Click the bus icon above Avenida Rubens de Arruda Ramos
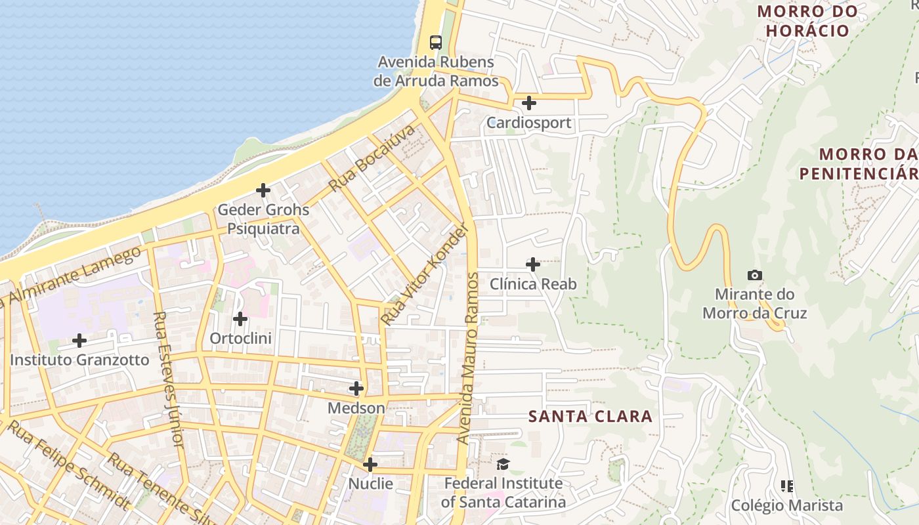(x=435, y=43)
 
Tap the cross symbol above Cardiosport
(x=528, y=103)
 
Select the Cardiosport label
(x=528, y=123)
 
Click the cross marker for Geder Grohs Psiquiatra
(x=263, y=190)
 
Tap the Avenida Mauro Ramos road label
(x=470, y=358)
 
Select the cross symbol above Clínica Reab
(x=533, y=264)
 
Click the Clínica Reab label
(x=533, y=284)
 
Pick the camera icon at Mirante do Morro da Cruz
(x=755, y=276)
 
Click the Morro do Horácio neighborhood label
(x=807, y=20)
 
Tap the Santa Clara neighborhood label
(x=590, y=416)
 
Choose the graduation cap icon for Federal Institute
(x=503, y=465)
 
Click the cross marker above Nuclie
(x=370, y=465)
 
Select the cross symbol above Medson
(x=356, y=388)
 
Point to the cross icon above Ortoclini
(x=240, y=319)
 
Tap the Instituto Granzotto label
(x=79, y=360)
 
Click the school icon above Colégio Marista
(x=787, y=486)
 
